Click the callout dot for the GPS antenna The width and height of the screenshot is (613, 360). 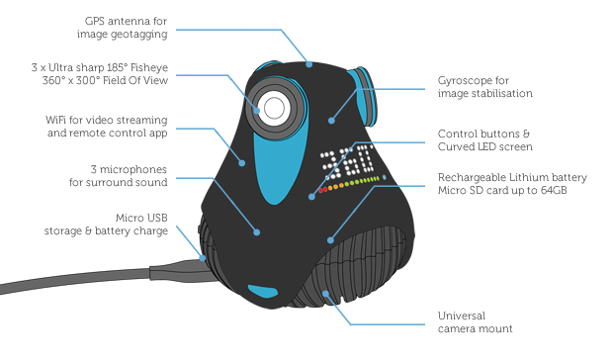click(309, 64)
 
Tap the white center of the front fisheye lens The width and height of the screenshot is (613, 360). click(274, 108)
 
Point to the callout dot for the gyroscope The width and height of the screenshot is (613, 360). click(331, 121)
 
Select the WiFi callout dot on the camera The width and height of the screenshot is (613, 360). click(242, 163)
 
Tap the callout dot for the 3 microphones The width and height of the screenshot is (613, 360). click(256, 232)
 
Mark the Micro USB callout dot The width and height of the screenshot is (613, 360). click(203, 258)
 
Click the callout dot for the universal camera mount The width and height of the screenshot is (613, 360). click(325, 293)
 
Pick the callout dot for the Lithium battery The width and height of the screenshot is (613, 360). click(330, 240)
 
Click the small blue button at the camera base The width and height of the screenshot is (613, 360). click(263, 292)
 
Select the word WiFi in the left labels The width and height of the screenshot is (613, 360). click(55, 120)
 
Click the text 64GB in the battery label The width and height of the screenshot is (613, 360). click(554, 190)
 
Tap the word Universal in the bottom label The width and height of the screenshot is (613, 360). click(462, 315)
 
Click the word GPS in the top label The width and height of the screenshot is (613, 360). click(94, 21)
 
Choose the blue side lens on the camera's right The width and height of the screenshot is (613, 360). click(364, 97)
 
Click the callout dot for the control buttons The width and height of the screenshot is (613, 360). click(311, 197)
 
